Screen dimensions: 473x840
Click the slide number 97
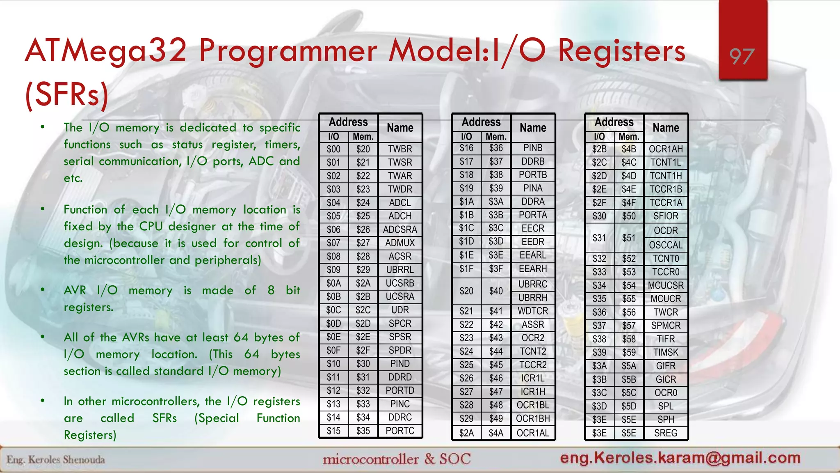[742, 57]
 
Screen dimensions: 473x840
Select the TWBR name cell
[400, 149]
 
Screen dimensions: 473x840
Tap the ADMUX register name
[400, 243]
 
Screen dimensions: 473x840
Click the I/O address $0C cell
[333, 310]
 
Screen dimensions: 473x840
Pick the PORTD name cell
[400, 390]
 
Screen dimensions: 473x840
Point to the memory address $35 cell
[363, 431]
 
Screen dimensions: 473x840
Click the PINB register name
[533, 148]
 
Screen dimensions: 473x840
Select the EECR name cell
[533, 228]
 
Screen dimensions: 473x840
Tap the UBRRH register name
[533, 298]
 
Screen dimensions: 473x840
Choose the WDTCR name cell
[533, 311]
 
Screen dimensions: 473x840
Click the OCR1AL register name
[533, 433]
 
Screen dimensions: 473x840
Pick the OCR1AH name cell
[666, 149]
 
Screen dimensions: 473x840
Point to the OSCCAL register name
[666, 245]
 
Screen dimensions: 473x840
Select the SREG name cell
[666, 433]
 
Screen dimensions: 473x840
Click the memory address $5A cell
[629, 366]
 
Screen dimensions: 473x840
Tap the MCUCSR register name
[666, 285]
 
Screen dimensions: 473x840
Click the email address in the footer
[680, 457]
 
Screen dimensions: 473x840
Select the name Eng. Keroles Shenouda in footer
[56, 459]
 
